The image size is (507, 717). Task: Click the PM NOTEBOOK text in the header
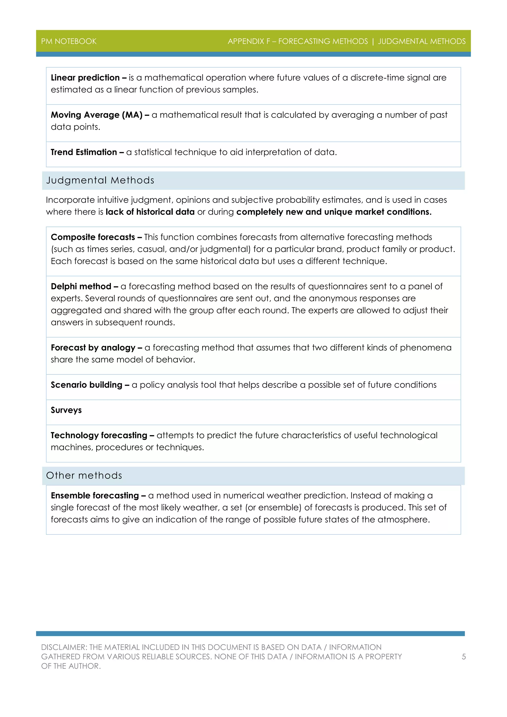69,41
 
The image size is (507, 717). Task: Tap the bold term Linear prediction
85,77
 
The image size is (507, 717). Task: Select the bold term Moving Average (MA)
97,115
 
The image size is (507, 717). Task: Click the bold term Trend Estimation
84,152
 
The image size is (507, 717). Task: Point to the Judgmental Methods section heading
100,180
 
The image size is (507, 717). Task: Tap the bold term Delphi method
81,286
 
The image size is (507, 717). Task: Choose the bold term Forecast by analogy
93,348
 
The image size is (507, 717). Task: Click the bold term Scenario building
86,385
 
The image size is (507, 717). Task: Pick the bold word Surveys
66,410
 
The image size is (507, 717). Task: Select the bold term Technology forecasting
99,435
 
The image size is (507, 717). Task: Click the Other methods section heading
84,475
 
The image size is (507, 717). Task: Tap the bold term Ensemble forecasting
95,496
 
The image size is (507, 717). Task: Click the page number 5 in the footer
464,657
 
